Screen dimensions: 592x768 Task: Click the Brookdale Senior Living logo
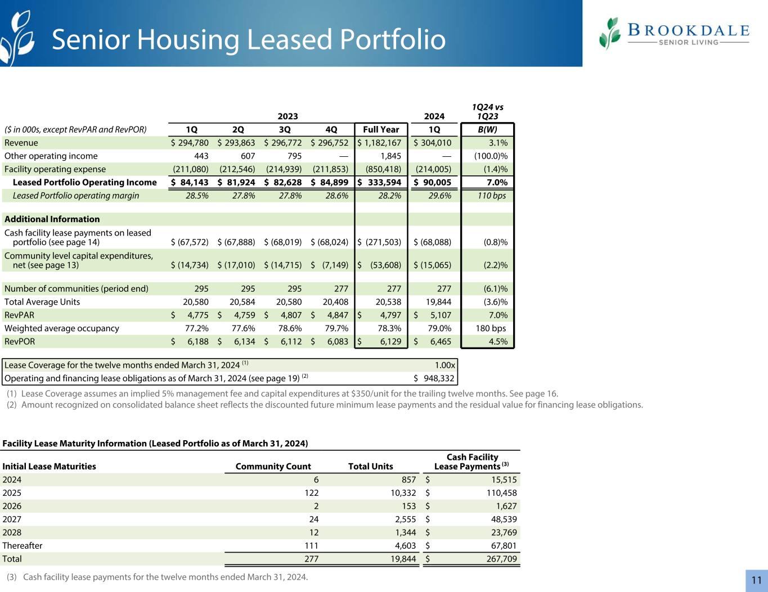673,33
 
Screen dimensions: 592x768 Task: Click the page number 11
756,580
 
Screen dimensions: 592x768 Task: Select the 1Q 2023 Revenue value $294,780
190,143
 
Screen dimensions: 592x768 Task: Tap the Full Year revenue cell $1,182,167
380,143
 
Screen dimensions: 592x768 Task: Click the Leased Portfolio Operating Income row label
84,182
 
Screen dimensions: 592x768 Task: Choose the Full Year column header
381,129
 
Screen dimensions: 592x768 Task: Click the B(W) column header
487,129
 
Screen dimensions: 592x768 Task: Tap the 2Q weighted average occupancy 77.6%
243,328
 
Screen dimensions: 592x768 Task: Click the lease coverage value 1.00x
444,365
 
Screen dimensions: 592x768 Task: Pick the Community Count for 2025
311,493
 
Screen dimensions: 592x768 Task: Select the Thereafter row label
23,545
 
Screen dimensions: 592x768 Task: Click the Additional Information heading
52,219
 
